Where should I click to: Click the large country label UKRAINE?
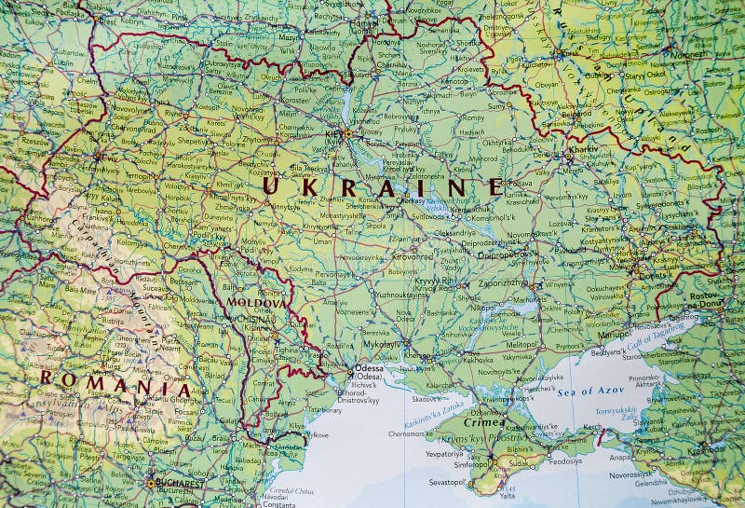[x=383, y=185]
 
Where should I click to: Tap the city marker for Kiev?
[x=347, y=133]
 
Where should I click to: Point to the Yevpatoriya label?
[x=444, y=453]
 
